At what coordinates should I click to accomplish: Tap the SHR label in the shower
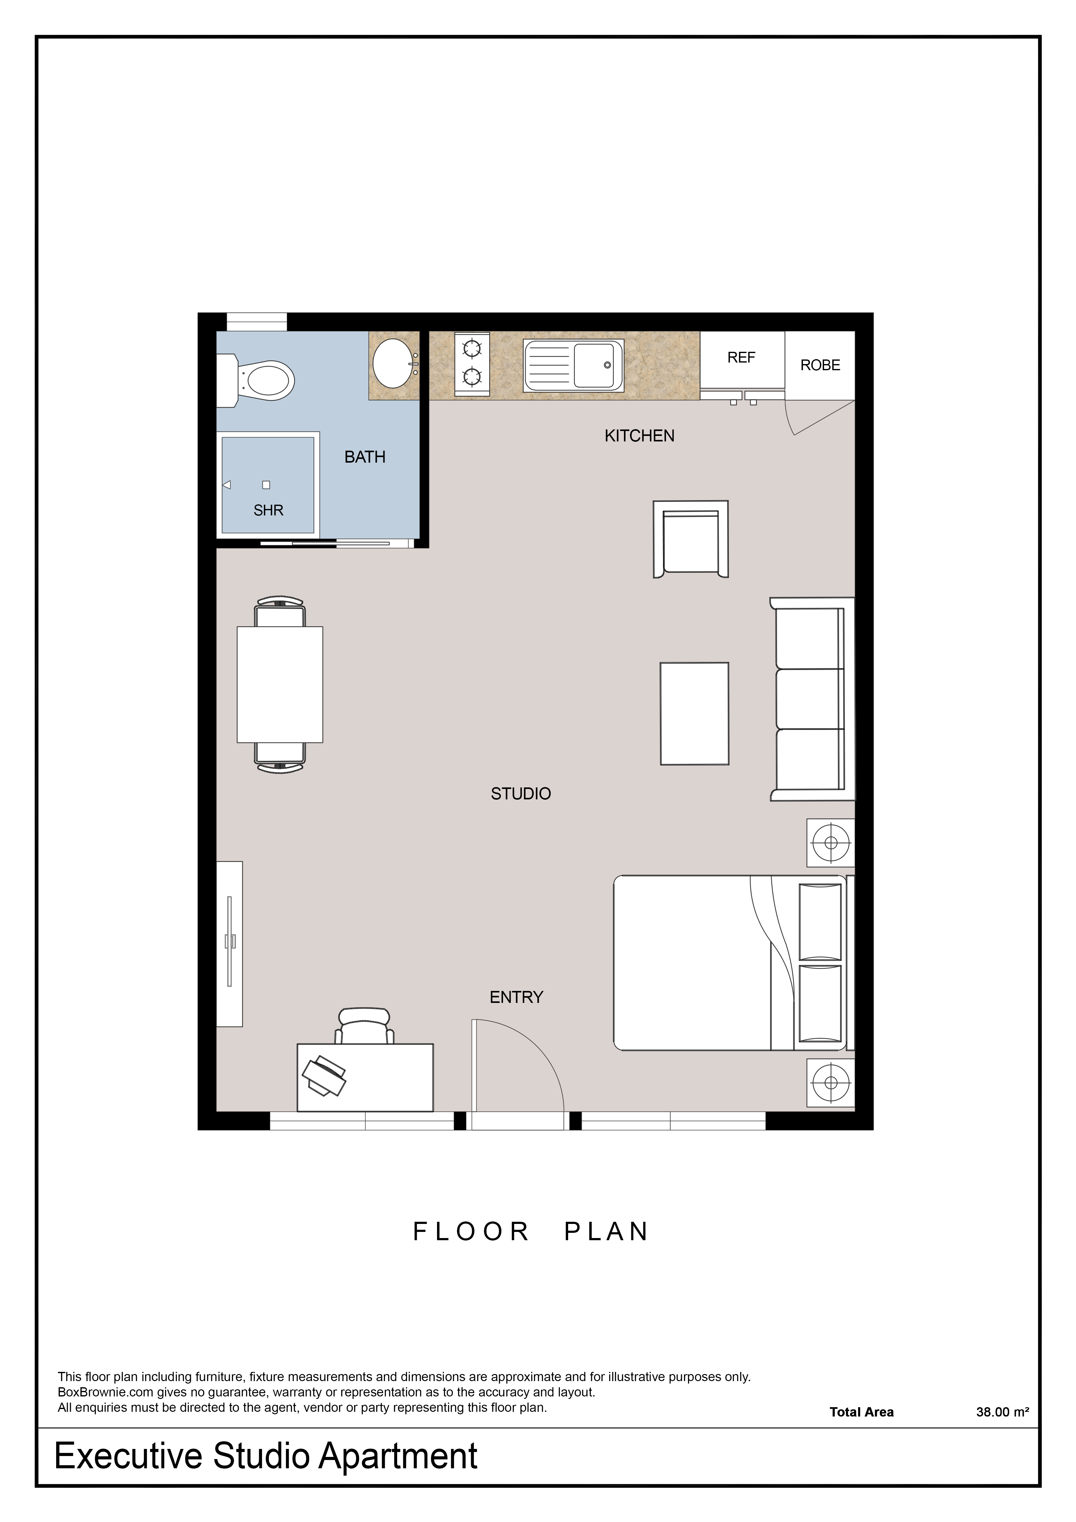click(268, 511)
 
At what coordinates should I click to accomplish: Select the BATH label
click(365, 457)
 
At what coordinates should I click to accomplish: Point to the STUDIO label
click(521, 794)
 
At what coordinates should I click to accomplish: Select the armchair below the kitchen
click(691, 539)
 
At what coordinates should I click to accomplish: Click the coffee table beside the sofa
click(694, 713)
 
